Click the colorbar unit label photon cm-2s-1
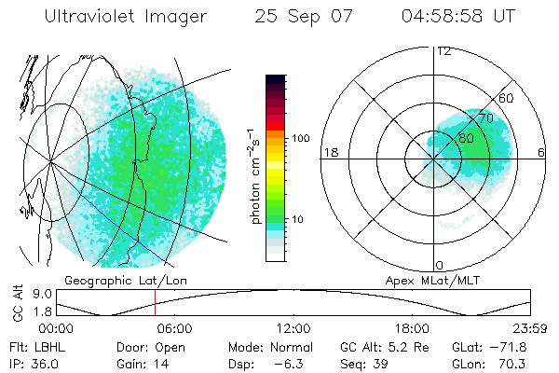254,176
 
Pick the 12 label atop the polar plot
444,51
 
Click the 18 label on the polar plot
330,152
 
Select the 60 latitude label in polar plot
507,99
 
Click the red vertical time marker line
155,304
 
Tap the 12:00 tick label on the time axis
293,328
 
